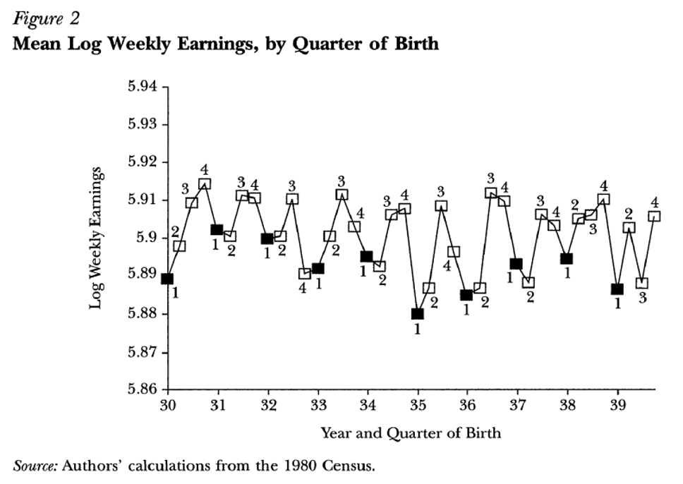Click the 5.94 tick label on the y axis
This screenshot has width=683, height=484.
[143, 86]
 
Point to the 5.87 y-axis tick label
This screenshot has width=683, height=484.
[143, 351]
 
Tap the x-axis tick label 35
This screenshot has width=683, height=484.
[418, 406]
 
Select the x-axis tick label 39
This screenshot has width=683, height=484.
[617, 406]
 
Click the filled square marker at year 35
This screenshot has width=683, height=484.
[417, 314]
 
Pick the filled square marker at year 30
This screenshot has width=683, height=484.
[167, 279]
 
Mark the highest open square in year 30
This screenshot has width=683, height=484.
[205, 184]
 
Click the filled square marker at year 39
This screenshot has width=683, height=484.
[617, 289]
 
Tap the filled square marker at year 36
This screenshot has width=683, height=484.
[466, 295]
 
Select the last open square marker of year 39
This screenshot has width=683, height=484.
[654, 216]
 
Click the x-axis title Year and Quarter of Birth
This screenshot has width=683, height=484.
[411, 433]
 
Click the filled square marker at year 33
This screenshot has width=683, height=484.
[318, 268]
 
